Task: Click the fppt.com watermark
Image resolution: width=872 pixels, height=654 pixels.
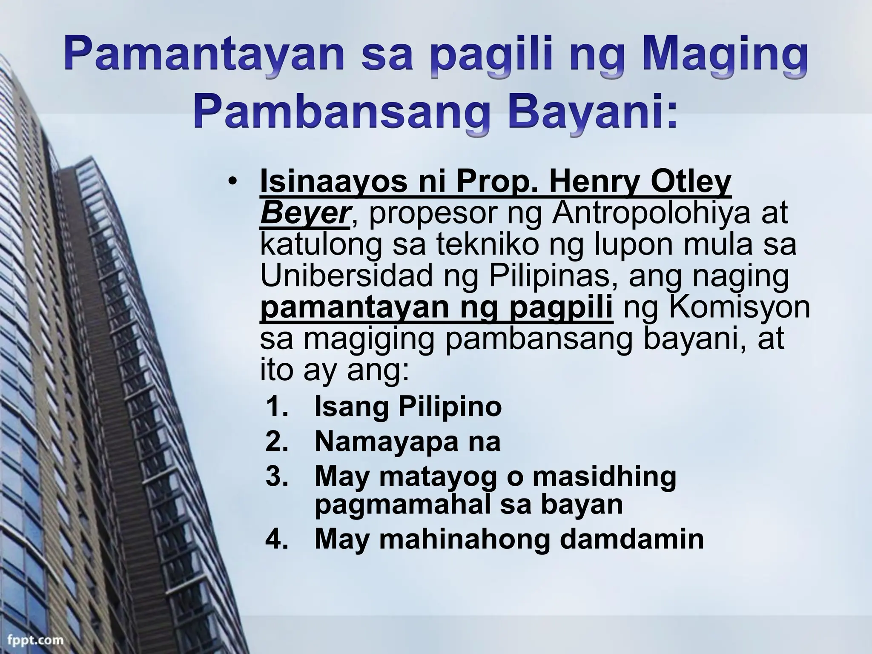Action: [32, 640]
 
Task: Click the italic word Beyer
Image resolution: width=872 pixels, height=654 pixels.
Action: [305, 213]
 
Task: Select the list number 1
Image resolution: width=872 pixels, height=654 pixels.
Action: [276, 407]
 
